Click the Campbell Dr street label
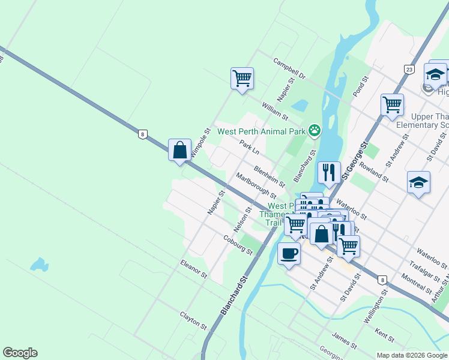[290, 69]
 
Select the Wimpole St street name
[200, 143]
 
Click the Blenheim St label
[268, 176]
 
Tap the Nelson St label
[243, 220]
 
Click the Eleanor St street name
[193, 269]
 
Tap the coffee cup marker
[289, 254]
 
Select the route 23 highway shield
[409, 70]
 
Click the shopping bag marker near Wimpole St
[180, 150]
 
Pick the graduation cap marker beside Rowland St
[418, 182]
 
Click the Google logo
[20, 353]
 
